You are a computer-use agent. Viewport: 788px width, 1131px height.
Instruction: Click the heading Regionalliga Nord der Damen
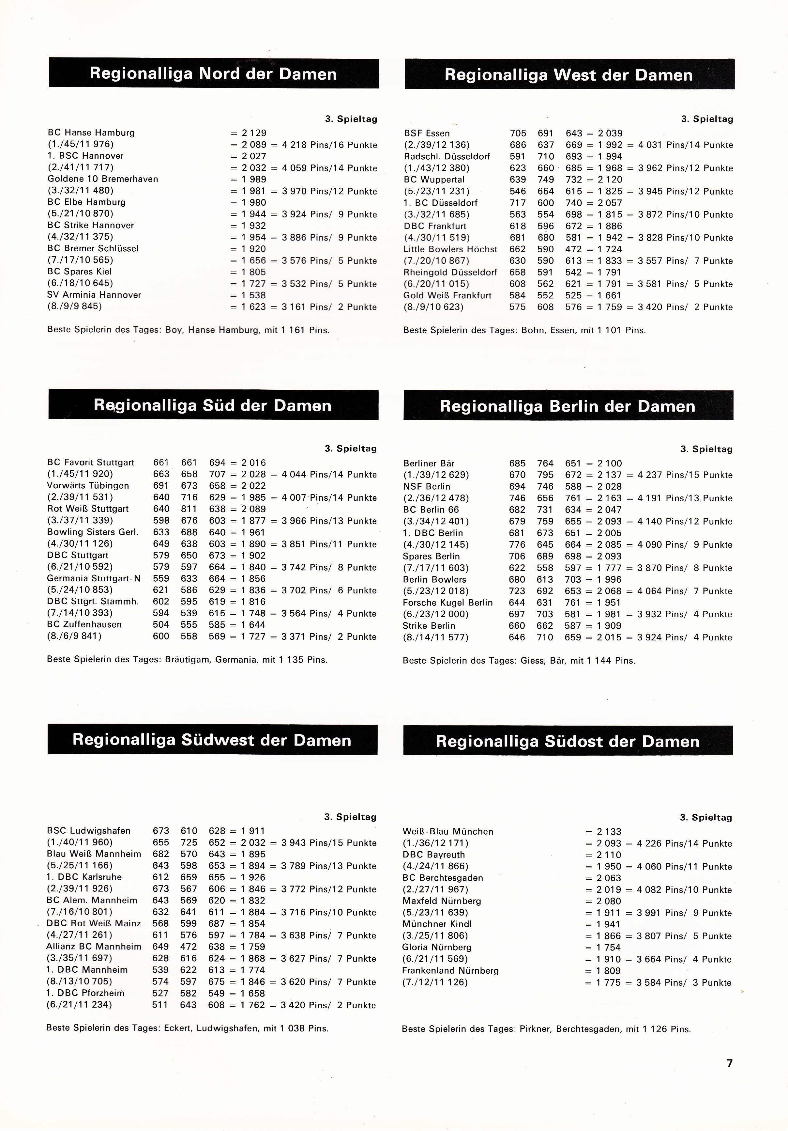pos(213,74)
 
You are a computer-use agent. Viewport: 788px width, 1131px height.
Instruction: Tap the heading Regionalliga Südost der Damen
pos(568,741)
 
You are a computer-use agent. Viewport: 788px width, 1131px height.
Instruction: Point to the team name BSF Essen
pos(427,133)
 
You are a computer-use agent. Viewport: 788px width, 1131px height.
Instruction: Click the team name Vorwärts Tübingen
pos(88,486)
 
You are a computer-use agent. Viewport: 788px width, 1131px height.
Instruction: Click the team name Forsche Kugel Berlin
pos(447,603)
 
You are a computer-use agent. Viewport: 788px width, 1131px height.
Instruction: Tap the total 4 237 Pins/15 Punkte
pos(685,475)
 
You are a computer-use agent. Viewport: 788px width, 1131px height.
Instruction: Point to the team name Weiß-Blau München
pos(447,831)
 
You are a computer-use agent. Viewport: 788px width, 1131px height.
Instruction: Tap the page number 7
pos(729,1063)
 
